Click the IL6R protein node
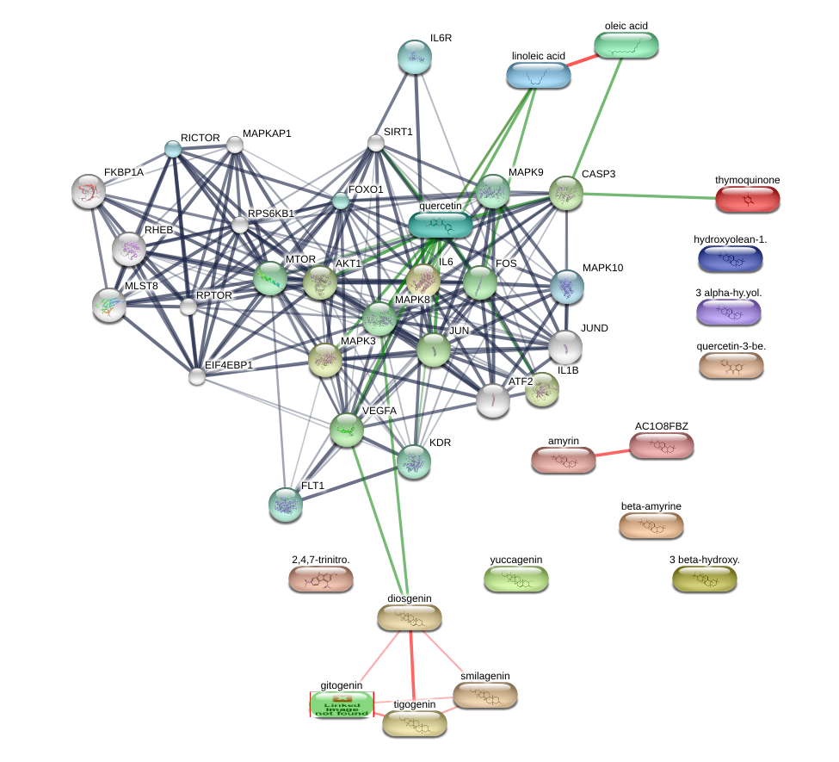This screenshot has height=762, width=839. [x=415, y=57]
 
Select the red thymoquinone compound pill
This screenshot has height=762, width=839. [x=747, y=199]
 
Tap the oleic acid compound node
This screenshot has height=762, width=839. [x=626, y=45]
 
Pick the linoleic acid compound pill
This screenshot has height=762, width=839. [x=538, y=75]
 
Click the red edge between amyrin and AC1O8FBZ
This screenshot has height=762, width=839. [x=612, y=452]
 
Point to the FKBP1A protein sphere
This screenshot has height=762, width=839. [x=89, y=191]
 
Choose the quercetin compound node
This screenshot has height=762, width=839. [x=440, y=225]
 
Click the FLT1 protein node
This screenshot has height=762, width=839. [x=286, y=505]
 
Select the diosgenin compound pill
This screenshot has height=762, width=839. [x=410, y=617]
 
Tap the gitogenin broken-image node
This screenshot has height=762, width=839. [x=342, y=704]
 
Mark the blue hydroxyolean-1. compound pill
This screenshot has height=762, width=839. [x=730, y=257]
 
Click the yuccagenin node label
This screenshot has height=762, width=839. [x=516, y=560]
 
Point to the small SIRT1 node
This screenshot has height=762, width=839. [x=376, y=143]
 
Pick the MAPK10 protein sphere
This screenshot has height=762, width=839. [x=566, y=287]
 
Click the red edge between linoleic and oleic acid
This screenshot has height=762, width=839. [x=583, y=59]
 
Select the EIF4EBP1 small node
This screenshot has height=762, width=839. [x=197, y=376]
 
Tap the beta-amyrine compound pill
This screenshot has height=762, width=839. [x=651, y=524]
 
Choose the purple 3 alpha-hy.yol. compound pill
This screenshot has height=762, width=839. [x=729, y=312]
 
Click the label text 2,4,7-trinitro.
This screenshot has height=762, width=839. [x=320, y=560]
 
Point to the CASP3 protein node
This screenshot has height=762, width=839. [x=566, y=193]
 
